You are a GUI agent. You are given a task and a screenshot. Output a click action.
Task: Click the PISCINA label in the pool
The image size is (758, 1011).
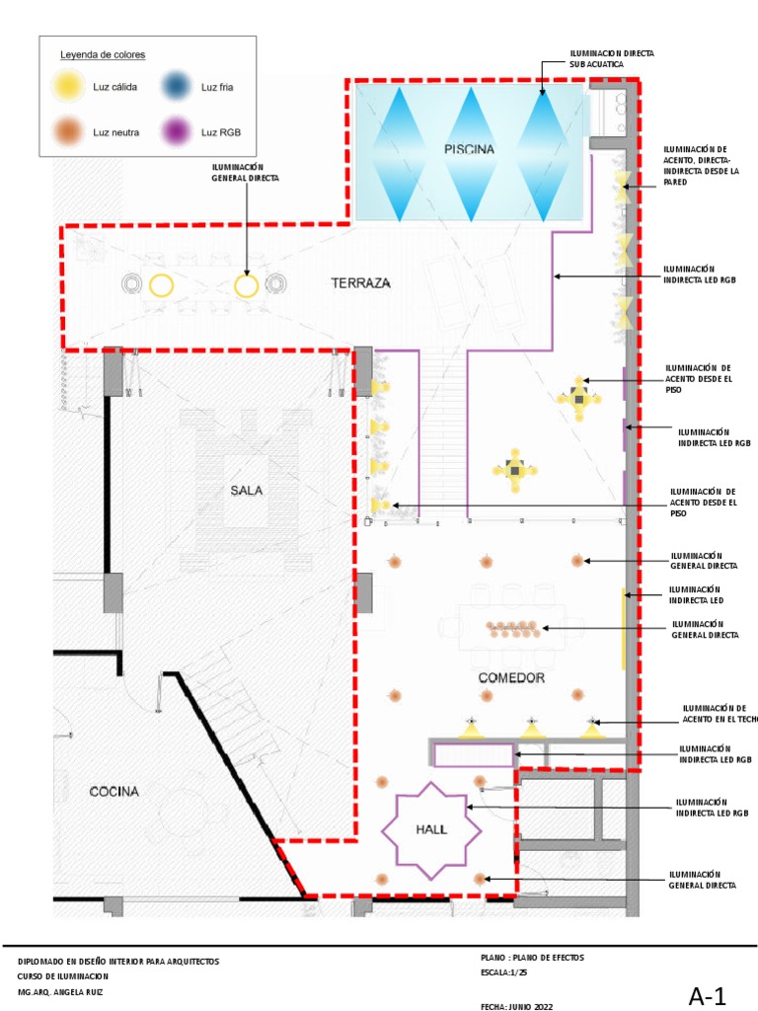(469, 150)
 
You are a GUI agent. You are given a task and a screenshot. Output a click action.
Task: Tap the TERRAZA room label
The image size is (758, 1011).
(360, 283)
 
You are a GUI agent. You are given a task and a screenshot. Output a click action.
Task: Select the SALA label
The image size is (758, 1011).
(246, 491)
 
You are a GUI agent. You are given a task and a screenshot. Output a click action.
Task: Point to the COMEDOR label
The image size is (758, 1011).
(511, 677)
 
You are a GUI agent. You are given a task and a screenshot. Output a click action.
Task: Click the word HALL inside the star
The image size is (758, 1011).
(431, 829)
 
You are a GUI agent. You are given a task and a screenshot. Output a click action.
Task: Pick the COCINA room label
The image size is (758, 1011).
(114, 791)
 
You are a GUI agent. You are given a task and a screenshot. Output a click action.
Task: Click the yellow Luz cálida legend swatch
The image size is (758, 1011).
(68, 87)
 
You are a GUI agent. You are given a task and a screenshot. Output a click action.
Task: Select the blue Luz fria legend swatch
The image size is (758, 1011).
(176, 87)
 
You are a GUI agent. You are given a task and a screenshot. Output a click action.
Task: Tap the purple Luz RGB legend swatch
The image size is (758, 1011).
(176, 132)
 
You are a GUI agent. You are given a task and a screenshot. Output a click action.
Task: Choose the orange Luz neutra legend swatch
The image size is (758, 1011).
(68, 132)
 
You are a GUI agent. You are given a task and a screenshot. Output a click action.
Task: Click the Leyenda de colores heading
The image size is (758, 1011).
(103, 55)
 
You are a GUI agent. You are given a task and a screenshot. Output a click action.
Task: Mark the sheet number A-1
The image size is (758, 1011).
(707, 996)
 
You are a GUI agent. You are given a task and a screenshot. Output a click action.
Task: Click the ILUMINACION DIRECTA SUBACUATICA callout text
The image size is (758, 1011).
(612, 58)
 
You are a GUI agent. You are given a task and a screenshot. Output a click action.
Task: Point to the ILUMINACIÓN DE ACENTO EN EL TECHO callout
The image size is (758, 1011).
(720, 713)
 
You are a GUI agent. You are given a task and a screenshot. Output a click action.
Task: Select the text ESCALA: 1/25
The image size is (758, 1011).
(504, 972)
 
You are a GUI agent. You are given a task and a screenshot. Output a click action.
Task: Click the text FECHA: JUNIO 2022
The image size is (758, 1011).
(516, 1006)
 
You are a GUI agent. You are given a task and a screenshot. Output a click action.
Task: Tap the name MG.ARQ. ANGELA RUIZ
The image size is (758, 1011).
(60, 992)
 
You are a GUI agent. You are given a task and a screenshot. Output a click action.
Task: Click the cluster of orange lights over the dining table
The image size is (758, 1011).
(512, 630)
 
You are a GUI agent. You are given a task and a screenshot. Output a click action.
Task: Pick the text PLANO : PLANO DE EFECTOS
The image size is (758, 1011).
(532, 958)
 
